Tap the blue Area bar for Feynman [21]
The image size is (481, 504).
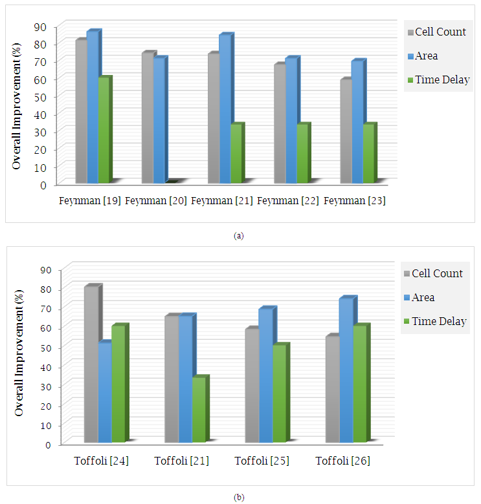[x=225, y=110]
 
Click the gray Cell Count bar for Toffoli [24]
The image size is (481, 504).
[x=91, y=365]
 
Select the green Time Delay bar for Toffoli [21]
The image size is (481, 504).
[x=199, y=410]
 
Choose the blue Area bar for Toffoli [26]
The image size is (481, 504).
[x=346, y=372]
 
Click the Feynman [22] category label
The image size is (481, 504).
[x=288, y=201]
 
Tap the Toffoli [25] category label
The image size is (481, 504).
[x=262, y=461]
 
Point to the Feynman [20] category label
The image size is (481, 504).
[x=156, y=201]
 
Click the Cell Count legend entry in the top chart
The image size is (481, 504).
[x=436, y=32]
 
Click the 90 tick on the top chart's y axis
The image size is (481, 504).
[x=40, y=26]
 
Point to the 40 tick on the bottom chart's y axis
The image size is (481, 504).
[x=47, y=367]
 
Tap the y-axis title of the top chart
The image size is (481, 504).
[x=17, y=105]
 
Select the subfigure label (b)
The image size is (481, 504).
[x=239, y=497]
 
